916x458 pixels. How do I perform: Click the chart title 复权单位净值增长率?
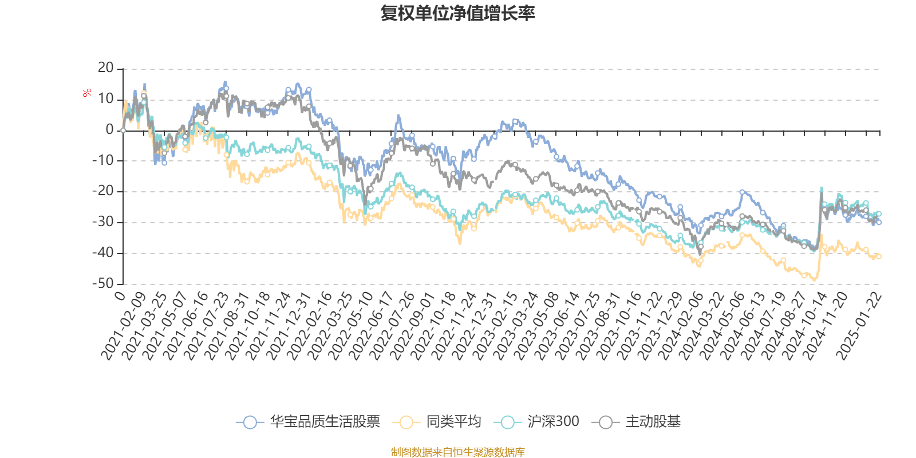click(x=458, y=13)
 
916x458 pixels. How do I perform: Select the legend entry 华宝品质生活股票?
click(x=325, y=422)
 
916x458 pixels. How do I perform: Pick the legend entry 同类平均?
click(x=453, y=422)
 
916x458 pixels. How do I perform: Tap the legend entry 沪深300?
click(x=553, y=422)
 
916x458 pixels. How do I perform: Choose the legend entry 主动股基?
click(x=653, y=422)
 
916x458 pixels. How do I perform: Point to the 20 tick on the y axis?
click(x=106, y=68)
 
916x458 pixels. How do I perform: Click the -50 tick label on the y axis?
click(x=103, y=283)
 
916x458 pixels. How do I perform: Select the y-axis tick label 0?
click(x=109, y=130)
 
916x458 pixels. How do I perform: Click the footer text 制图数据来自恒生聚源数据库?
click(x=457, y=452)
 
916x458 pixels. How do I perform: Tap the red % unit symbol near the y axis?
click(x=87, y=93)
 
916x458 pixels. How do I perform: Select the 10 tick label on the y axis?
click(x=106, y=99)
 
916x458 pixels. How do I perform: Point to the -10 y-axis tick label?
click(x=103, y=160)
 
